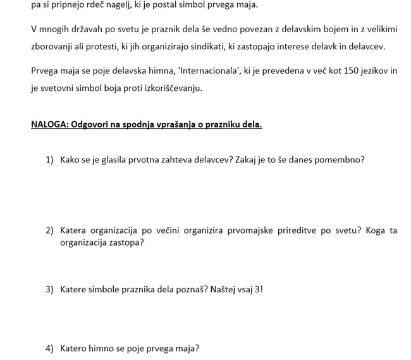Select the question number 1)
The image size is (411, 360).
[49, 160]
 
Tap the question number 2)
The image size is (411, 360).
[49, 231]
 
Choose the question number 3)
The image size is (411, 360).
[49, 290]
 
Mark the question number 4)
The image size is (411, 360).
[49, 349]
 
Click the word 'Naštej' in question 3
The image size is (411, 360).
[219, 290]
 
